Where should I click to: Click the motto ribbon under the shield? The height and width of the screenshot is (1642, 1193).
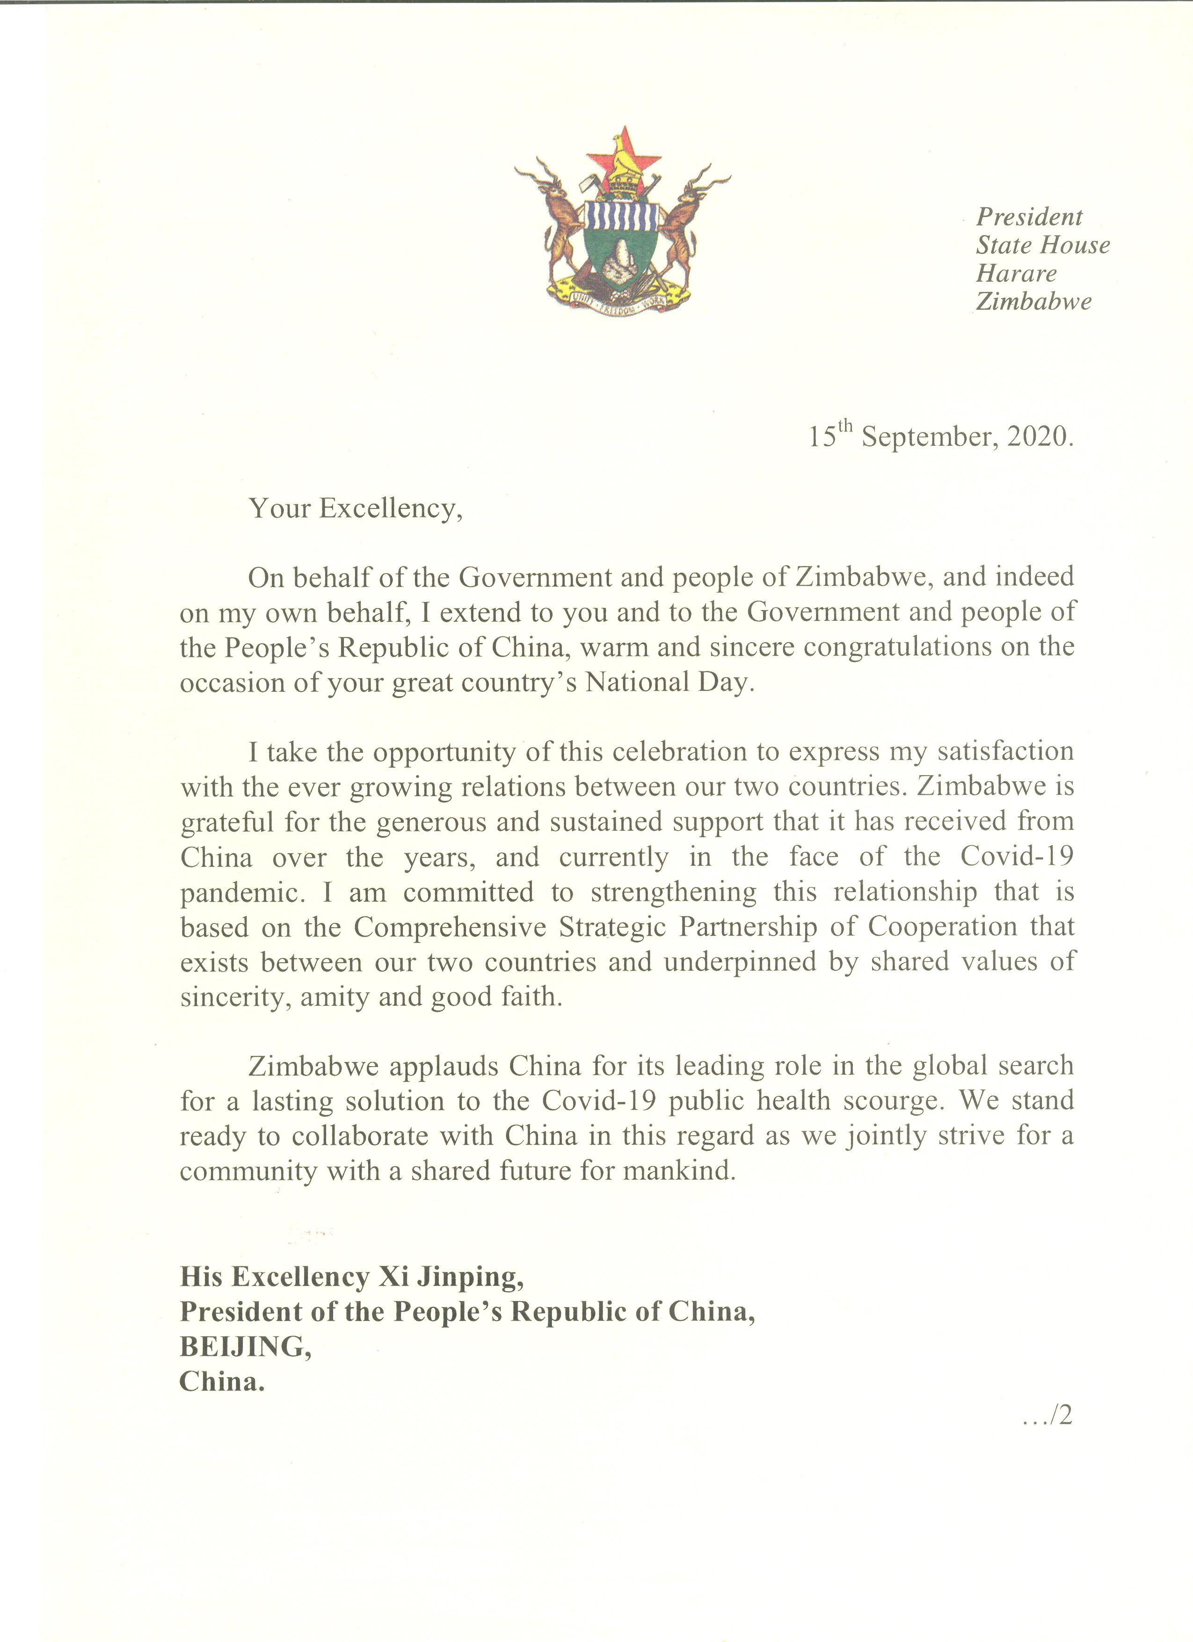click(x=623, y=304)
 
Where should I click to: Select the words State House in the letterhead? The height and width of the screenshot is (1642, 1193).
click(x=1042, y=246)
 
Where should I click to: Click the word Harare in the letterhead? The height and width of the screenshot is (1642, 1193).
click(x=1016, y=274)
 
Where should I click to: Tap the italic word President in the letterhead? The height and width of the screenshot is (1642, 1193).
click(x=1029, y=217)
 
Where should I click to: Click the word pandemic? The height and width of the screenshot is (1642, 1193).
click(x=239, y=893)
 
